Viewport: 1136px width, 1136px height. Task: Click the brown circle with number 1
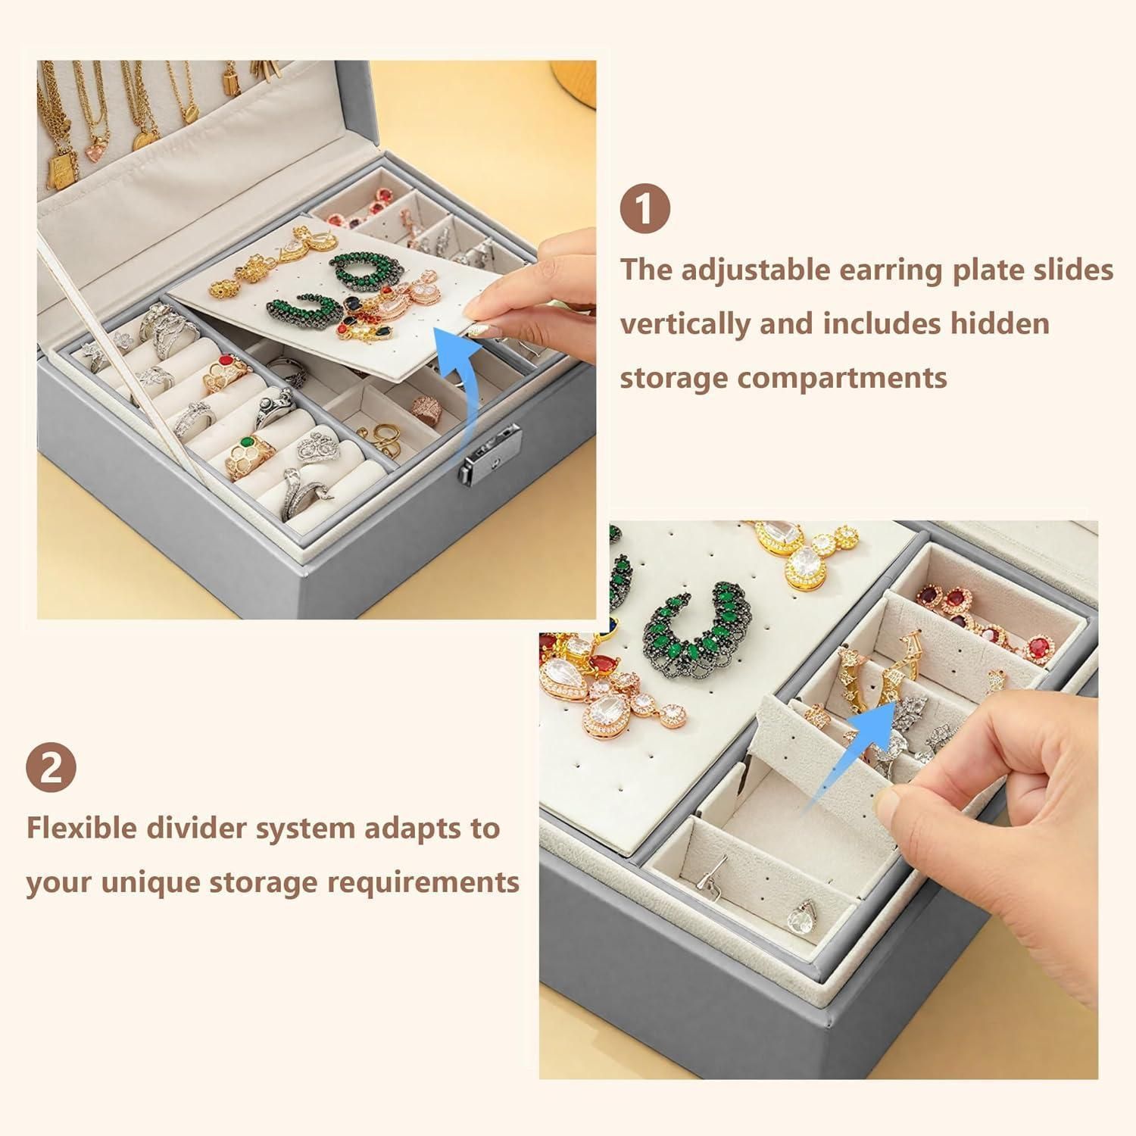[x=645, y=209]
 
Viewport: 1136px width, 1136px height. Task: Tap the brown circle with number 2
[x=51, y=768]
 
